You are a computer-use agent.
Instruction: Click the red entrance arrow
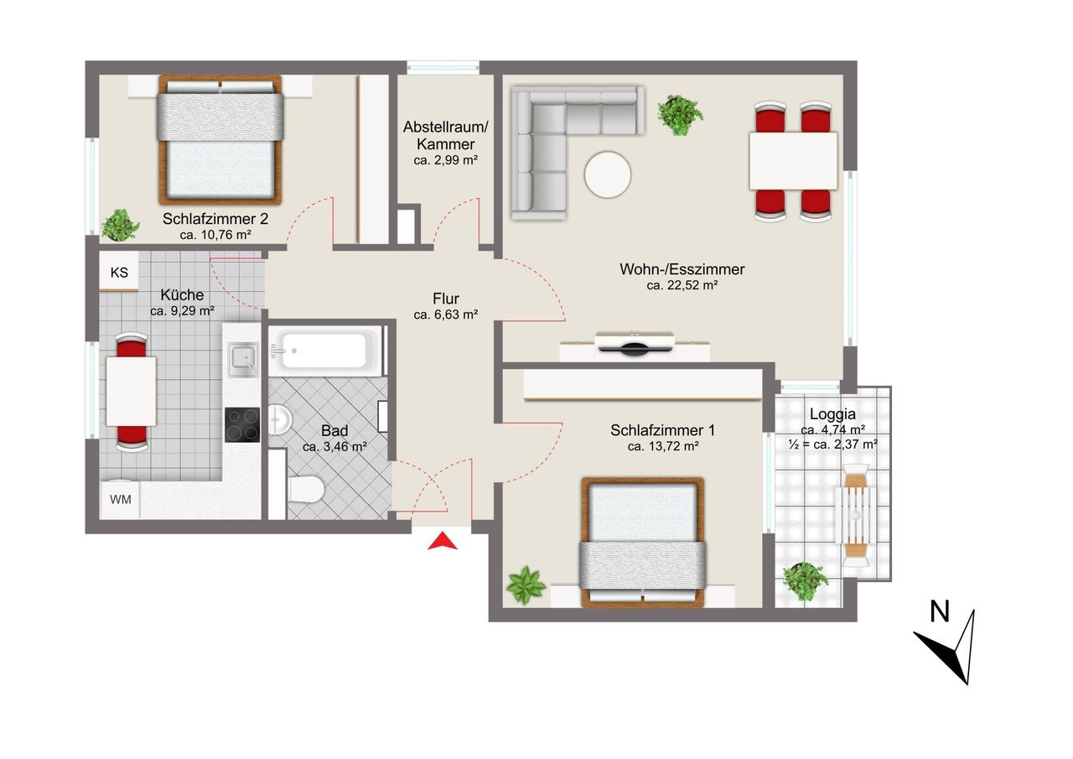pos(442,542)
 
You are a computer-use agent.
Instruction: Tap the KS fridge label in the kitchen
pos(119,273)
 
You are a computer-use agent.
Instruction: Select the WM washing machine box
pos(120,500)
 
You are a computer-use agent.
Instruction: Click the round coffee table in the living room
pos(608,174)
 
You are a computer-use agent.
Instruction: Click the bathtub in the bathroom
pos(325,351)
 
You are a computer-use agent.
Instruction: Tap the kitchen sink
pos(243,360)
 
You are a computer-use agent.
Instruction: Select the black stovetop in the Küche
pos(242,424)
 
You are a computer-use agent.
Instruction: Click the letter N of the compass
pos(940,612)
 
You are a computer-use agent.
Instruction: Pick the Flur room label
pos(446,299)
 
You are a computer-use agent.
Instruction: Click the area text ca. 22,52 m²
pos(682,286)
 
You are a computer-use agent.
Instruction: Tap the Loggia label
pos(832,414)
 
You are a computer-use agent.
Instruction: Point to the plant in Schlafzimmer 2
pos(119,225)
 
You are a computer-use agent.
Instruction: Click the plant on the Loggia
pos(805,581)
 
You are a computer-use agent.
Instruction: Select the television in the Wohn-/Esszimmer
pos(635,344)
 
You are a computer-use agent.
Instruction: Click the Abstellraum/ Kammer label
pos(445,135)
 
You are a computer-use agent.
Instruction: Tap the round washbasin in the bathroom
pos(279,419)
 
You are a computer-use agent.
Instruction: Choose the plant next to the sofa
pos(679,116)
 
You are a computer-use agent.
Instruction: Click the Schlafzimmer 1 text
pos(662,430)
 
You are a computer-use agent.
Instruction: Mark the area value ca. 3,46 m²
pos(334,446)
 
